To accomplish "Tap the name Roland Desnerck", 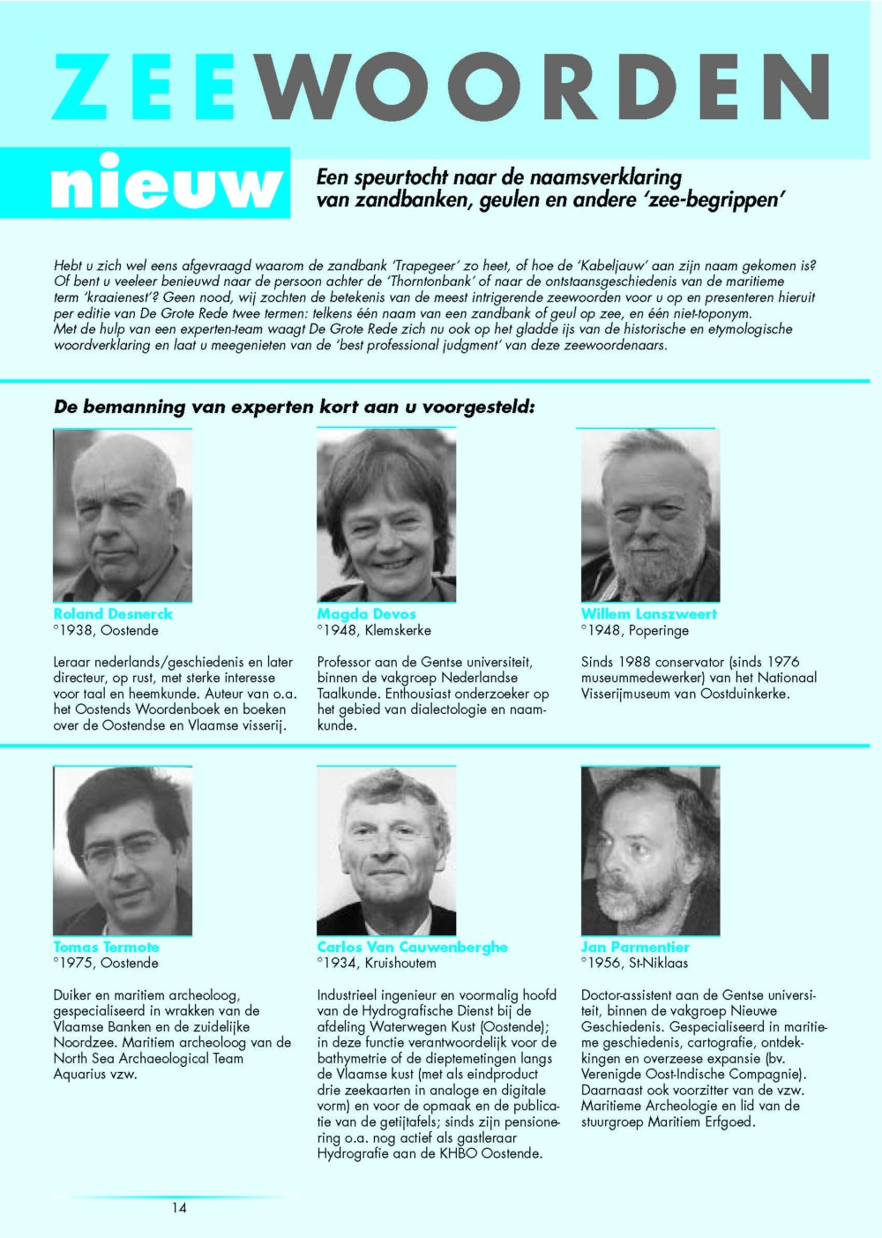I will (x=113, y=614).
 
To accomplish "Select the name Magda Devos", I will (x=366, y=614).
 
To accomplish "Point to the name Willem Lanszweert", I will (x=648, y=614).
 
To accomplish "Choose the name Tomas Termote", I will (x=106, y=947).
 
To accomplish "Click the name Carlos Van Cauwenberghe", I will (x=412, y=947).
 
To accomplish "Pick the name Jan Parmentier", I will (x=635, y=947).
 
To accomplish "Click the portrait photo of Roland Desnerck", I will (x=123, y=515).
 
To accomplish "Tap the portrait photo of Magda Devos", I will (x=386, y=515).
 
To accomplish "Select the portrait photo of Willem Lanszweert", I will (x=650, y=515).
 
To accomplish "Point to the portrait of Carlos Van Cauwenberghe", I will (x=386, y=851).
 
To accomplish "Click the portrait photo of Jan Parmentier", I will (x=650, y=851).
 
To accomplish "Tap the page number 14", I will (x=179, y=1208).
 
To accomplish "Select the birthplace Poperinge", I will (x=659, y=631).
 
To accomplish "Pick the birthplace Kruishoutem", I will (x=400, y=964).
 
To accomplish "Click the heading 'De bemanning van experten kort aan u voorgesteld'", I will (x=294, y=407).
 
